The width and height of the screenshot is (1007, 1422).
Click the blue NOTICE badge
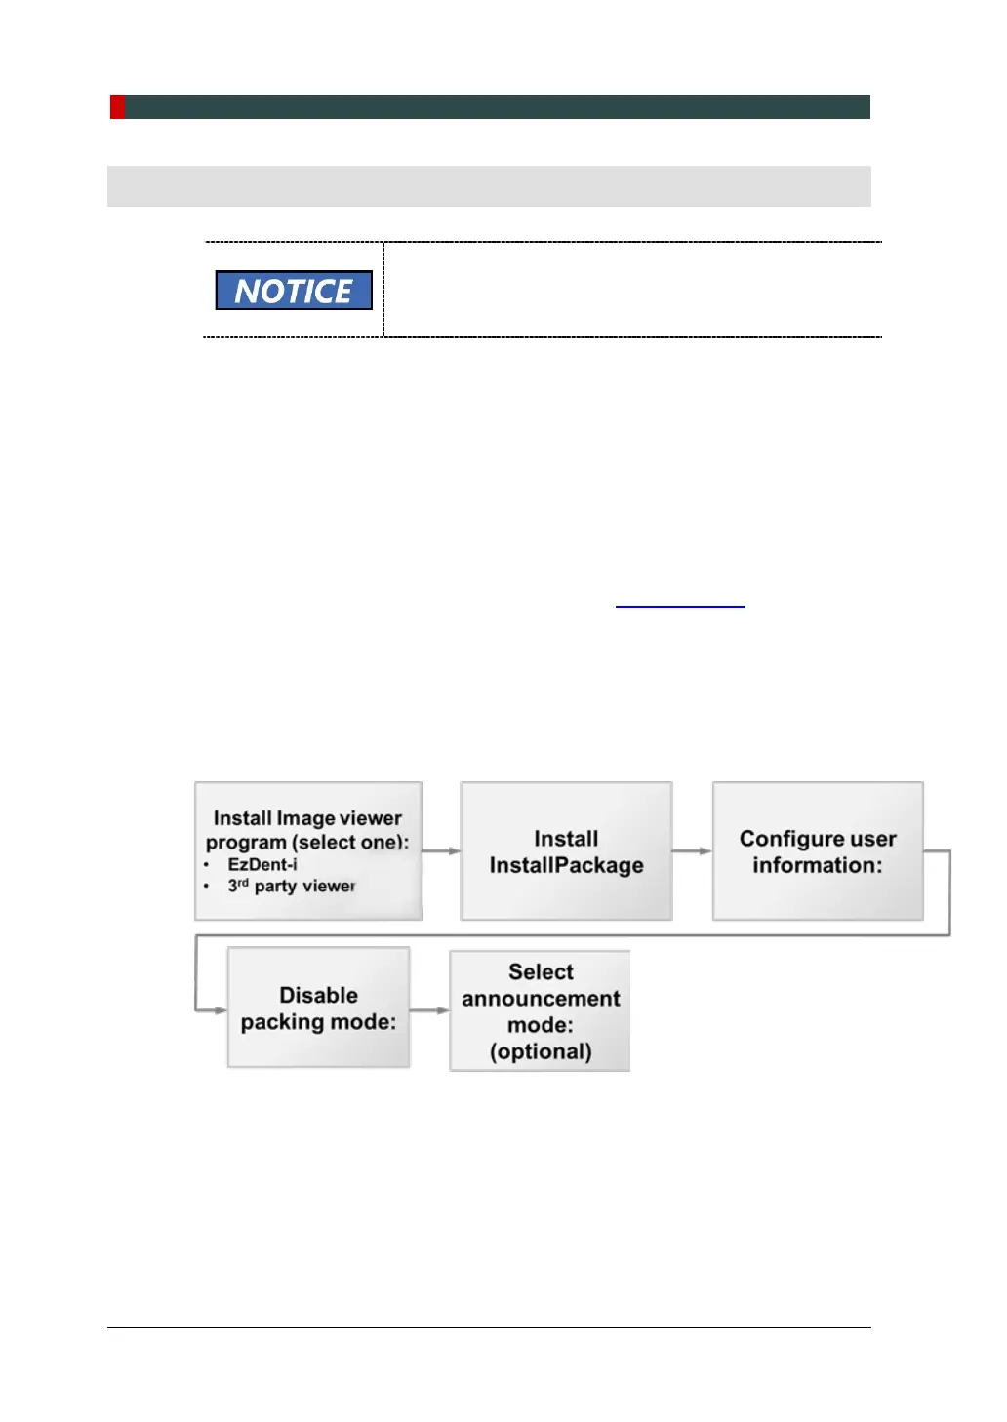coord(294,291)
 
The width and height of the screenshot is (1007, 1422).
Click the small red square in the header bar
coord(117,106)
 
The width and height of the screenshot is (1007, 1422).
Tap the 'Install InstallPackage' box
coord(566,850)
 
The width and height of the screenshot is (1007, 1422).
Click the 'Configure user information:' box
coord(818,850)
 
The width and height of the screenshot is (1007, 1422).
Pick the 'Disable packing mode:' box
coord(318,1007)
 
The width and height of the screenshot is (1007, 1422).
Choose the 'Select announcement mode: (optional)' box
coord(540,1011)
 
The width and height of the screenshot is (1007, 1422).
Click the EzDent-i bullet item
coord(262,864)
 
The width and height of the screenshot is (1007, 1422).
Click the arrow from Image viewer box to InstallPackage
coord(441,851)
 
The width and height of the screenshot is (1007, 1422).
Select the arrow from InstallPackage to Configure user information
coord(692,851)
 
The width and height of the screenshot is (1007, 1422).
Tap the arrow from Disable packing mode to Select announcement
coord(429,1009)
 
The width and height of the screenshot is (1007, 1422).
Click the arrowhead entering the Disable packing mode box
coord(221,1009)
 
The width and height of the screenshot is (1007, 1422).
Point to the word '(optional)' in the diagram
coord(541,1051)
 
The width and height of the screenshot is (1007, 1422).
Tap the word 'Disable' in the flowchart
coord(318,995)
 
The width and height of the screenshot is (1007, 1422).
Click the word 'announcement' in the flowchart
coord(541,999)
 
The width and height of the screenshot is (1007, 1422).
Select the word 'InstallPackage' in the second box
coord(566,865)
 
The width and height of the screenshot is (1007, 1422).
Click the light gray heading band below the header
coord(489,185)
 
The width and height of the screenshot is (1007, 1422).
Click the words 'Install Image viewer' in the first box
coord(307,818)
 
